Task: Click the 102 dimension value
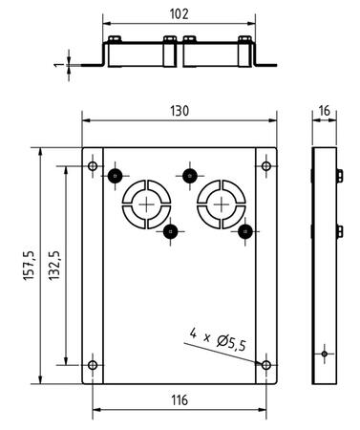click(x=179, y=14)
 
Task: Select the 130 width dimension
click(x=180, y=111)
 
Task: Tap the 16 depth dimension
click(x=324, y=111)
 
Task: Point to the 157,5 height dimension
click(x=29, y=266)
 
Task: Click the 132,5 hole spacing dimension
click(x=54, y=266)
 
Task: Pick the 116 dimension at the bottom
click(x=180, y=400)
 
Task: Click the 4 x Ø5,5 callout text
click(x=218, y=339)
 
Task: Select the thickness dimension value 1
click(x=57, y=65)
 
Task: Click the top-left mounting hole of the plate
click(x=93, y=166)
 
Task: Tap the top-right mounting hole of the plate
click(x=266, y=166)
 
